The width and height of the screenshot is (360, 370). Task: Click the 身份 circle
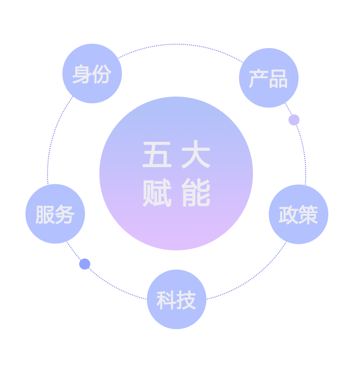point(92,74)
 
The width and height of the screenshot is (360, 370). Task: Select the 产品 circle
point(269,78)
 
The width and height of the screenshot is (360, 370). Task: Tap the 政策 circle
point(299,214)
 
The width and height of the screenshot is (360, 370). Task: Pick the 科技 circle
point(177,299)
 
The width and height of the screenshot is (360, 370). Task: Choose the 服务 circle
point(55,214)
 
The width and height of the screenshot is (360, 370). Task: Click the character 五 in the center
point(157,154)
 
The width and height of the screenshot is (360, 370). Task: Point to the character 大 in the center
point(196,154)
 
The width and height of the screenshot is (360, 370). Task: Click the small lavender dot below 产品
point(294,120)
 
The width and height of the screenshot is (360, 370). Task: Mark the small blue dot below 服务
point(85,264)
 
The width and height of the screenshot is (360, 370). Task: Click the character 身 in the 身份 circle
point(82,74)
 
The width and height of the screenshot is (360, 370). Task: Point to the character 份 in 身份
point(102,74)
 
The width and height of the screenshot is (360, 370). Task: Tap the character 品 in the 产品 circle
point(278,79)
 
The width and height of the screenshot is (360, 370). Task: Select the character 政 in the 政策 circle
point(288,215)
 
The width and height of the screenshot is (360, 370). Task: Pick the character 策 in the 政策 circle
point(309,215)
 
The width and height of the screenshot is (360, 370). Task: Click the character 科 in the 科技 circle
point(167,300)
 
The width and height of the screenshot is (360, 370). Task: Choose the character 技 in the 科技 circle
point(187,300)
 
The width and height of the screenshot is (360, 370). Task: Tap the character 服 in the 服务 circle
point(45,215)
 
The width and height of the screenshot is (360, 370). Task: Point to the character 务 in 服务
point(65,215)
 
